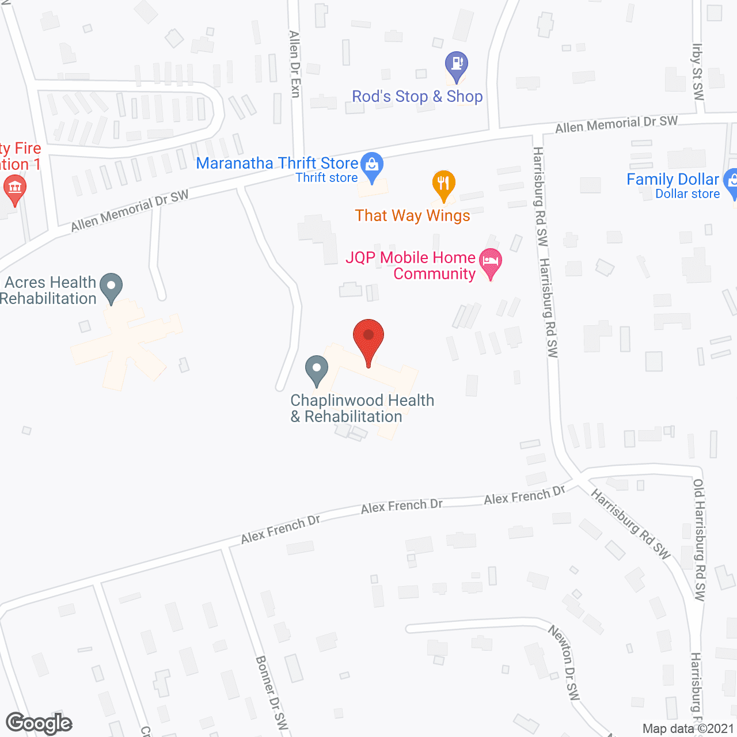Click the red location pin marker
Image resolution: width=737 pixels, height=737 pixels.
pos(368,337)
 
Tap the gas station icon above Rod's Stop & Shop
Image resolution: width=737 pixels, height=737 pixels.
pos(457,64)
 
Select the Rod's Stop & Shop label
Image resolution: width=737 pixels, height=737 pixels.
pos(417,97)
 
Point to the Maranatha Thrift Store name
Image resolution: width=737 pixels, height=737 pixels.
pos(277,164)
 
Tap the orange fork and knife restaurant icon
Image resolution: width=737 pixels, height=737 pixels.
pos(443,184)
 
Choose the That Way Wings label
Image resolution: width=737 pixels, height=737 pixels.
pos(412,216)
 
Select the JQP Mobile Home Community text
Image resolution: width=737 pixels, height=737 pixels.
pos(411,265)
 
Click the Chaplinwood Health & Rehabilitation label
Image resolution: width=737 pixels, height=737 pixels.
pos(362,408)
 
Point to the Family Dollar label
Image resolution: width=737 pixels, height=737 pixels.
pos(673,180)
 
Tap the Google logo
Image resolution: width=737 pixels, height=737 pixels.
pos(39,723)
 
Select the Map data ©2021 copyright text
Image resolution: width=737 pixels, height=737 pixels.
pos(688,729)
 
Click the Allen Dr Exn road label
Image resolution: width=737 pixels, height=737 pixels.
pos(295,64)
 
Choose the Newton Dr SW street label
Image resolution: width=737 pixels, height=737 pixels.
pos(564,663)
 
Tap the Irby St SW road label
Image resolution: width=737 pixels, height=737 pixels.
pos(698,72)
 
